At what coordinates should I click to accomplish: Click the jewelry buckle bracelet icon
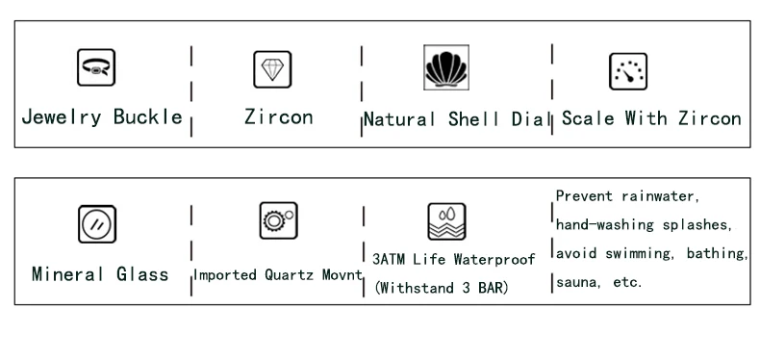pos(96,67)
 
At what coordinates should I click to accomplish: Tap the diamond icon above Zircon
pos(272,69)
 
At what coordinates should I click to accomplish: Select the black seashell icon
pos(446,67)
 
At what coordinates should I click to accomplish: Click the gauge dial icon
pos(628,72)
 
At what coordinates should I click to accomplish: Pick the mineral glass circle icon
pos(97,224)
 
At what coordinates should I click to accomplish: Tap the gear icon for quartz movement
pos(278,220)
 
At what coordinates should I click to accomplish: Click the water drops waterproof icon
pos(447,221)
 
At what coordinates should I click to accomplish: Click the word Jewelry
pos(62,117)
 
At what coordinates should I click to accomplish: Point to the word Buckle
pos(148,116)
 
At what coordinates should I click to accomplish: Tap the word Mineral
pos(68,274)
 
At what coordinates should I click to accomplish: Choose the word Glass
pos(142,274)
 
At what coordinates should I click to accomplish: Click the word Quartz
pos(288,275)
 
